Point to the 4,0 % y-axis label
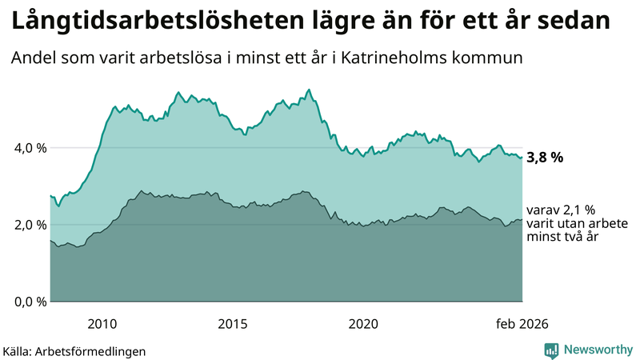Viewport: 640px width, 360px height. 30,148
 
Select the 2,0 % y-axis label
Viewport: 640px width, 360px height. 30,225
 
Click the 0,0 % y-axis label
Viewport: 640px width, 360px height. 30,302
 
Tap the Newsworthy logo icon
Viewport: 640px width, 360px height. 551,350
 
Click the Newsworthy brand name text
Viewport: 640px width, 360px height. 597,350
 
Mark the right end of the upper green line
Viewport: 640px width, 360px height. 522,157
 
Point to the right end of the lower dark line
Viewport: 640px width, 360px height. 522,220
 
